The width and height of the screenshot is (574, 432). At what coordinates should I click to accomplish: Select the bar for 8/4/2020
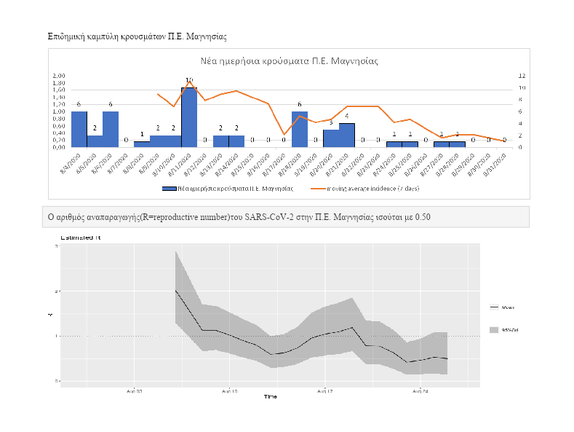click(79, 129)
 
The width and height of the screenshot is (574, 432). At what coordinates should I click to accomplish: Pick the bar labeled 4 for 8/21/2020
click(347, 135)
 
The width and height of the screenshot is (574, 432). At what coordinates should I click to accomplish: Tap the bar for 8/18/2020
click(299, 129)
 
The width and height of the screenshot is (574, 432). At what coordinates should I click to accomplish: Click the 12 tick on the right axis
click(522, 76)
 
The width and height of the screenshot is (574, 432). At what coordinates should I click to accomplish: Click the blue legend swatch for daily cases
click(170, 188)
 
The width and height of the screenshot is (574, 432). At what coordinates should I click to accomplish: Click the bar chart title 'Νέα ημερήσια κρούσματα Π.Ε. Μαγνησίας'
click(289, 61)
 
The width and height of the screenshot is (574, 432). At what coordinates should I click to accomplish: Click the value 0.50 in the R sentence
click(423, 217)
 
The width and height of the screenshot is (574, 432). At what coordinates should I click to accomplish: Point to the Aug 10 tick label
click(229, 391)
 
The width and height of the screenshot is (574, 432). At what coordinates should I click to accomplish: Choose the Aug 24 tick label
click(420, 391)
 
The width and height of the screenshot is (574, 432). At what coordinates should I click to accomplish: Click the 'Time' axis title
click(270, 397)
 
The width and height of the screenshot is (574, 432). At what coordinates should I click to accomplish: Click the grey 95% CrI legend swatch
click(495, 330)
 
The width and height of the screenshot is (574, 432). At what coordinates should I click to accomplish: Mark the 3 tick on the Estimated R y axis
click(56, 246)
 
